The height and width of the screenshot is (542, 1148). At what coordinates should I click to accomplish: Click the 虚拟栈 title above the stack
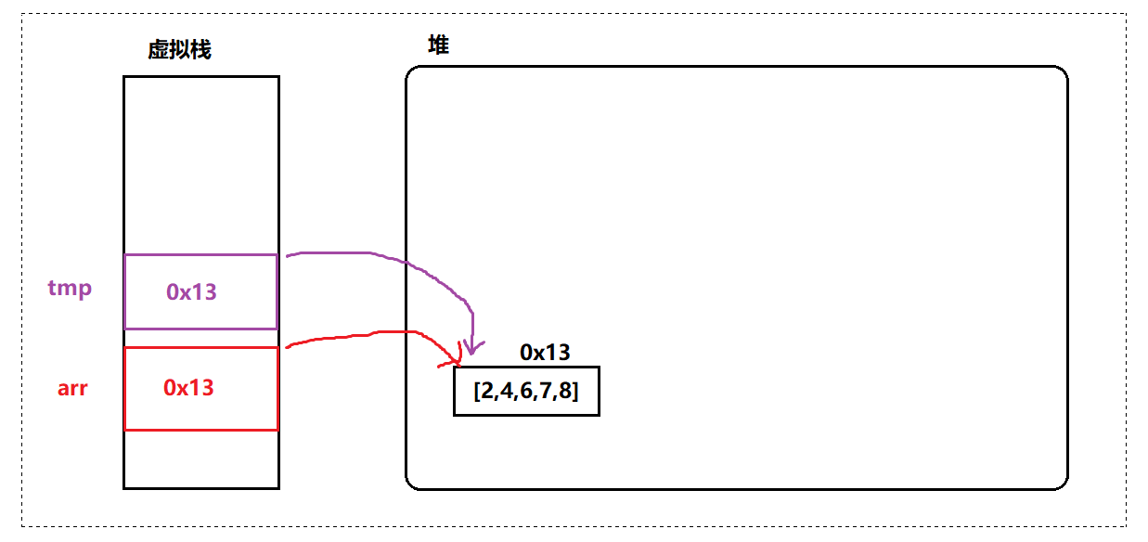[x=179, y=50]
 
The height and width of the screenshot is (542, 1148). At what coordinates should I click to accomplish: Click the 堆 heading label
[x=438, y=45]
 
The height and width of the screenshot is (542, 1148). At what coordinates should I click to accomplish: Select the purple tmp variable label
[x=71, y=288]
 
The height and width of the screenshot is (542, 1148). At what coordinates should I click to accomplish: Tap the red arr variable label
[x=72, y=388]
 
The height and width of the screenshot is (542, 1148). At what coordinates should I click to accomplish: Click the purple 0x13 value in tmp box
[x=191, y=291]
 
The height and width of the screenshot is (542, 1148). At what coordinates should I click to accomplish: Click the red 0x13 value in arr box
[x=188, y=388]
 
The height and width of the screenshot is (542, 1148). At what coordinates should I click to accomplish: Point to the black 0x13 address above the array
[x=545, y=353]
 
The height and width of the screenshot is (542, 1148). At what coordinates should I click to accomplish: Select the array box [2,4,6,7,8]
[x=526, y=392]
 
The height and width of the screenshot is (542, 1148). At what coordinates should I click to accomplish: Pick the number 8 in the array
[x=565, y=392]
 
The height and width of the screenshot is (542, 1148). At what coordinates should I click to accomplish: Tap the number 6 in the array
[x=526, y=392]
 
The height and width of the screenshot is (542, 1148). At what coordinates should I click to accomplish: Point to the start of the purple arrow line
[x=288, y=255]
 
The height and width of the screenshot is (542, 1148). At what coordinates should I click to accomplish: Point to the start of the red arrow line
[x=288, y=347]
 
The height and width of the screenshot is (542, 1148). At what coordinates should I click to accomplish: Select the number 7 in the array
[x=546, y=392]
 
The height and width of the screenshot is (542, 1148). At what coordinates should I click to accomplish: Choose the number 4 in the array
[x=507, y=392]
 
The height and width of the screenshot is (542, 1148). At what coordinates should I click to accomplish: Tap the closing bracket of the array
[x=576, y=392]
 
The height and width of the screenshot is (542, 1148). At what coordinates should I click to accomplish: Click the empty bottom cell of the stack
[x=200, y=458]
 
